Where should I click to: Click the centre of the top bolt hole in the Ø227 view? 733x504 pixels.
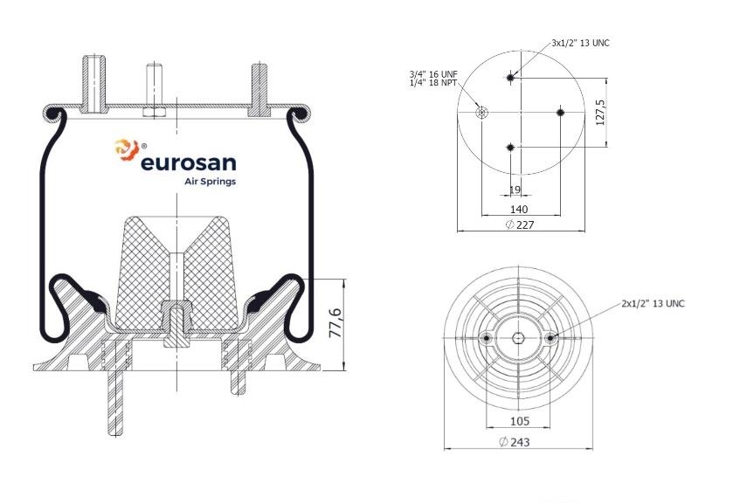click(x=510, y=77)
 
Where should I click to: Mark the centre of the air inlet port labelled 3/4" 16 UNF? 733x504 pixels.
click(x=481, y=112)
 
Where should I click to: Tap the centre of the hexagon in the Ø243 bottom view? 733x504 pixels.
click(x=518, y=337)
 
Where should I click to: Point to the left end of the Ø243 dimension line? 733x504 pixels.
click(x=444, y=449)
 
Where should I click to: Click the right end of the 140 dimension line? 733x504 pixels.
click(x=561, y=216)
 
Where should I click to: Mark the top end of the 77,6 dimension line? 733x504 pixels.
click(x=343, y=280)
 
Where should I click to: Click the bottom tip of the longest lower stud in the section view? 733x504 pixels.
click(x=114, y=436)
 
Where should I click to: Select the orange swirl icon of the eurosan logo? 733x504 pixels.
click(x=126, y=149)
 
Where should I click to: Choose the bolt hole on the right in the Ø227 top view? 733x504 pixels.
click(x=561, y=112)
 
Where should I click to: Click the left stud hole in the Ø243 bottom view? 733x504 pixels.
click(x=487, y=337)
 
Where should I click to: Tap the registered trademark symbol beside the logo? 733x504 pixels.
click(x=143, y=146)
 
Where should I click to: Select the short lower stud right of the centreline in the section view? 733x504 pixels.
click(x=238, y=383)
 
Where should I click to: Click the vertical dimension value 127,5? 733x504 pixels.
click(x=600, y=112)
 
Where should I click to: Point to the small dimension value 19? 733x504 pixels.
click(x=515, y=190)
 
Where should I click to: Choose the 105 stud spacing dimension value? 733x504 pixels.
click(x=519, y=421)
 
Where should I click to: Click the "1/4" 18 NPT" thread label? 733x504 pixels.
click(x=432, y=83)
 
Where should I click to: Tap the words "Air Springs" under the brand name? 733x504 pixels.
click(x=211, y=182)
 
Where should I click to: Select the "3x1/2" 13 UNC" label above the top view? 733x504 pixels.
click(x=581, y=43)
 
